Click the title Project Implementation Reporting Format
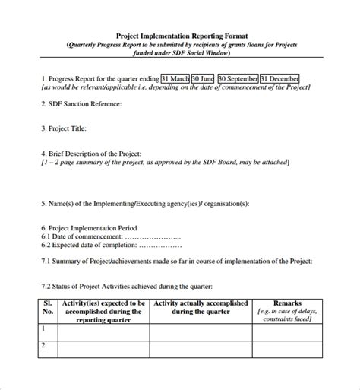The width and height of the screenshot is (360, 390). pyautogui.click(x=180, y=35)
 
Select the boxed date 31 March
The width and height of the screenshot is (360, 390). pyautogui.click(x=175, y=78)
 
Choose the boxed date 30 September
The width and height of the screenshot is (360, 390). pyautogui.click(x=237, y=78)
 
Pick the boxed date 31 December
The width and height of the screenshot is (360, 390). pyautogui.click(x=279, y=78)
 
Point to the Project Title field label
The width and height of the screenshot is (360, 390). pyautogui.click(x=66, y=129)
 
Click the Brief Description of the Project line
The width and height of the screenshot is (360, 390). pyautogui.click(x=91, y=154)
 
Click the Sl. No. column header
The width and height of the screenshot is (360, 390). pyautogui.click(x=47, y=306)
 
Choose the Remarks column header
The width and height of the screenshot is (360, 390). pyautogui.click(x=287, y=302)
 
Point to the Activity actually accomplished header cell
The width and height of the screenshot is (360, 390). pyautogui.click(x=201, y=306)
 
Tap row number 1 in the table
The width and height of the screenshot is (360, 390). pyautogui.click(x=43, y=328)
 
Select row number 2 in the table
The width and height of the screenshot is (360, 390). pyautogui.click(x=43, y=346)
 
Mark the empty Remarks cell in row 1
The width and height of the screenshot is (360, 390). pyautogui.click(x=287, y=331)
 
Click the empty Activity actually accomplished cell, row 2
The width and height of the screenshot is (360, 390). pyautogui.click(x=201, y=349)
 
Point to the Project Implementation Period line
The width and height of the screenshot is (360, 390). pyautogui.click(x=93, y=227)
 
